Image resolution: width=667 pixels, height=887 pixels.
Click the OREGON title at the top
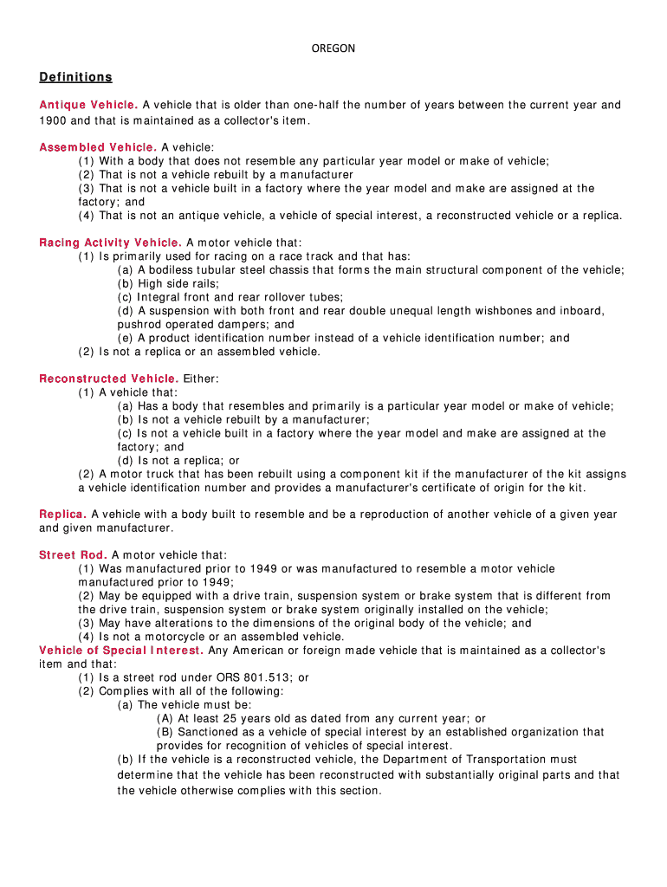[333, 49]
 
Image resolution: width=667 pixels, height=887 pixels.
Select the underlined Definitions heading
[75, 77]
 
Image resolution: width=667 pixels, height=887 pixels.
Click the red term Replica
[62, 515]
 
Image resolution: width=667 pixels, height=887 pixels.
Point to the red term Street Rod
[73, 555]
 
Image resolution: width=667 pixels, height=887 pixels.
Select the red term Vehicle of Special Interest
[121, 651]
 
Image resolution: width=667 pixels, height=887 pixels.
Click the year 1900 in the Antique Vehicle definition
[53, 120]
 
